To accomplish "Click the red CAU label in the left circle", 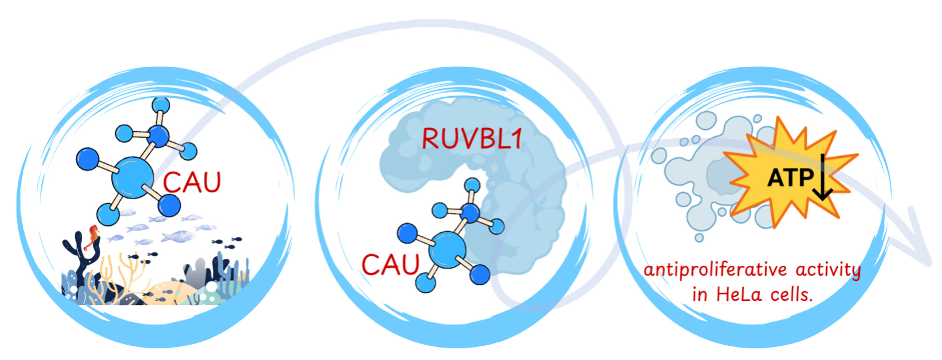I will pyautogui.click(x=192, y=183).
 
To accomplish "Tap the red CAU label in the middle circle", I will pyautogui.click(x=390, y=265).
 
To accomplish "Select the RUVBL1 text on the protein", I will pyautogui.click(x=472, y=139).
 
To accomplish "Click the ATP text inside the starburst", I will pyautogui.click(x=790, y=178).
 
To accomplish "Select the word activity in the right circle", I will pyautogui.click(x=828, y=270).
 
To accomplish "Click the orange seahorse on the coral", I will pyautogui.click(x=93, y=236).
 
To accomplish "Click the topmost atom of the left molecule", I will pyautogui.click(x=161, y=105).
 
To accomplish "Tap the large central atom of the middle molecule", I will pyautogui.click(x=447, y=249).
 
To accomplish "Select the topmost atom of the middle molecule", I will pyautogui.click(x=472, y=185).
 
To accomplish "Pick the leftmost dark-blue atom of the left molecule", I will pyautogui.click(x=87, y=158).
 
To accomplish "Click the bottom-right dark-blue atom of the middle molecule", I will pyautogui.click(x=480, y=275).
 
